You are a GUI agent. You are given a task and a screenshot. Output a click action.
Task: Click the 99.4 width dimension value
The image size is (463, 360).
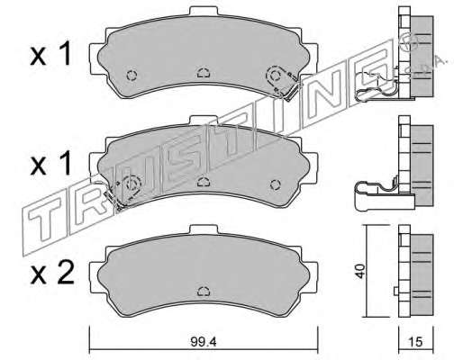(204, 342)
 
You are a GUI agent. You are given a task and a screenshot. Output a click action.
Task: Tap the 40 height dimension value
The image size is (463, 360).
(360, 271)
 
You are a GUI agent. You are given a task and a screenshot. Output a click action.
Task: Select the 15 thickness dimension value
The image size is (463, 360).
(415, 342)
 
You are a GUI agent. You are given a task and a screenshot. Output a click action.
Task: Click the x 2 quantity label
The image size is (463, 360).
(51, 273)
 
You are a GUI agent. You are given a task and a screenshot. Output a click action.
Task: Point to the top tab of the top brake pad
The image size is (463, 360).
(204, 11)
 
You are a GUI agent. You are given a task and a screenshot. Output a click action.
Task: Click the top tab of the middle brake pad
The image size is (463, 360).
(204, 121)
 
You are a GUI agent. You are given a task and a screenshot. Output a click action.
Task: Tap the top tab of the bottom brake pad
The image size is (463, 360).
(204, 229)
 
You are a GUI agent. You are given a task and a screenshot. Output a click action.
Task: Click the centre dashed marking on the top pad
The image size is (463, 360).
(204, 73)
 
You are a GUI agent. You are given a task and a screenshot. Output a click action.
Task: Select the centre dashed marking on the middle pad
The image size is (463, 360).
(204, 182)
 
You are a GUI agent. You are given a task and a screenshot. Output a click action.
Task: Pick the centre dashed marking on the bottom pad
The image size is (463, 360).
(204, 291)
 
